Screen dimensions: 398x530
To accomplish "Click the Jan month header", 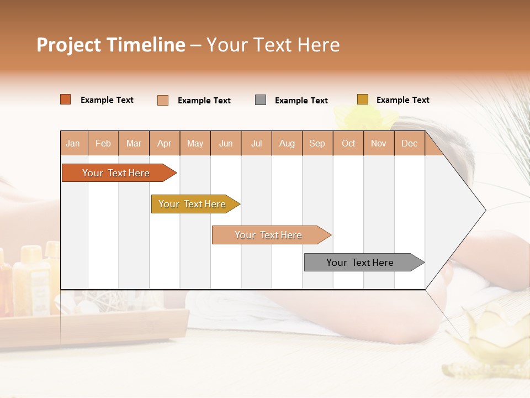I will pos(73,143).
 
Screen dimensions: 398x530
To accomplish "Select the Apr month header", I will pos(164,143).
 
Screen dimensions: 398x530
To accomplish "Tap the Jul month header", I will pos(256,143).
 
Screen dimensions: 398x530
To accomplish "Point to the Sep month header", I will pos(317,143).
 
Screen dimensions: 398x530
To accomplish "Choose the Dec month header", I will pos(409,143).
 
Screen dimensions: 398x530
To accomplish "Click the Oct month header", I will pos(348,143).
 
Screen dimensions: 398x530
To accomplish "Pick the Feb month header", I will pos(103,143).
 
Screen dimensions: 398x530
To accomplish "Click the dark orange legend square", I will pos(65,99).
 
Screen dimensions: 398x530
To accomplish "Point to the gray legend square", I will pos(261,100).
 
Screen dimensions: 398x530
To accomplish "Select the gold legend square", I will pos(362,99).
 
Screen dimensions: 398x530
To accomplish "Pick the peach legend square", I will pos(163,100).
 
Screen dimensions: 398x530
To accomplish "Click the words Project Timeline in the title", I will pos(110,45).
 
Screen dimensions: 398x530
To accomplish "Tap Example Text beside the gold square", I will pos(402,100).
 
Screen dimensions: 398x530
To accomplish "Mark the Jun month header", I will pos(226,143).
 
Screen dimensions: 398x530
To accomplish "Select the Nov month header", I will pos(378,143).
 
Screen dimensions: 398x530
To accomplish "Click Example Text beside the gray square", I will pos(301,101).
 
